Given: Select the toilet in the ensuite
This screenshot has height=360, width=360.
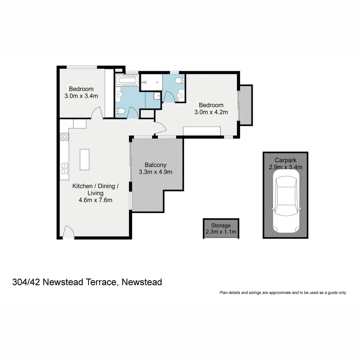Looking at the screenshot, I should coord(180,80).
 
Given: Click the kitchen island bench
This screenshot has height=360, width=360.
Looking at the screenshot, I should coord(85,159).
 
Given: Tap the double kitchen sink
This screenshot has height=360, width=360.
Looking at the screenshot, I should coord(65,168).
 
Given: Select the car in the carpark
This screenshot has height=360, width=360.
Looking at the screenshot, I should coord(286,201).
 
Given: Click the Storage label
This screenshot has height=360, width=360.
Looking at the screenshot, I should coord(221,226).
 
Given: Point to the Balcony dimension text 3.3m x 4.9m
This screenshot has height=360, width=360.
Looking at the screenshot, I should coord(155,172).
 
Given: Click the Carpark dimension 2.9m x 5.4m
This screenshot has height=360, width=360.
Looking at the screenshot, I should coord(286,167).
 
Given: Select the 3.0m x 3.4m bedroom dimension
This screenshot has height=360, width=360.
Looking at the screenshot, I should coord(81,96).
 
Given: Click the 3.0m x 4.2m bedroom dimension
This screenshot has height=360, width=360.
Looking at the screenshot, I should coord(211,112).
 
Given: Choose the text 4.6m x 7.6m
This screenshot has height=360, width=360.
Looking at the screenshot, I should coord(95,200).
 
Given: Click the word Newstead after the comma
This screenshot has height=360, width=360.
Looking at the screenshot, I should coord(142,282).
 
